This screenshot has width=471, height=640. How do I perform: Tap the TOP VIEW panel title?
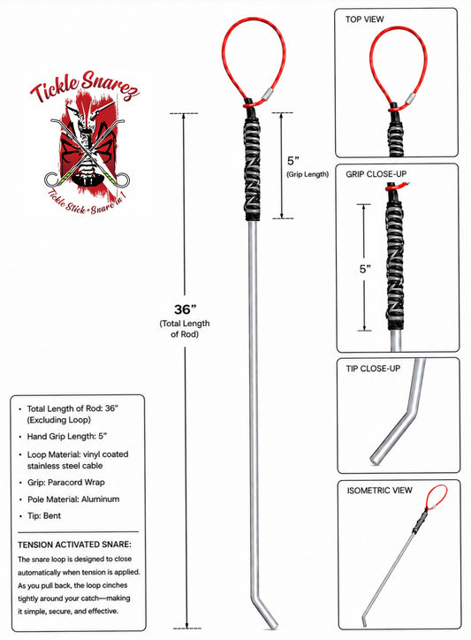point(364,19)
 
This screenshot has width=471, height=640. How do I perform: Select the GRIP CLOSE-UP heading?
point(376,174)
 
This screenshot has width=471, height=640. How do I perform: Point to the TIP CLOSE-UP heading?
point(373,368)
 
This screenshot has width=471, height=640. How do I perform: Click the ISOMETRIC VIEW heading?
point(380,491)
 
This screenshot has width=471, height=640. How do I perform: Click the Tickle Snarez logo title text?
point(85,87)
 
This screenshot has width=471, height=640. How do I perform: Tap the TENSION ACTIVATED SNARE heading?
point(75,545)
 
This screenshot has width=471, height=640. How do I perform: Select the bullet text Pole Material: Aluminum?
point(73,499)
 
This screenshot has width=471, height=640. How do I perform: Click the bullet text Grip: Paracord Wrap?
point(66,482)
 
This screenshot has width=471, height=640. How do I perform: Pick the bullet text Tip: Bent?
point(44,516)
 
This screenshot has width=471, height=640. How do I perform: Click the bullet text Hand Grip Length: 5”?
point(67,437)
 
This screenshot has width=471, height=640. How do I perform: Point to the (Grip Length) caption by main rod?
point(308,174)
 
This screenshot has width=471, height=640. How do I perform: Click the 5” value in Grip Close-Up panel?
point(365,269)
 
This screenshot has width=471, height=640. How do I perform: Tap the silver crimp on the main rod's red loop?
point(268,94)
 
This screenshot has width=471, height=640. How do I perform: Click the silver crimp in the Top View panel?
point(410,98)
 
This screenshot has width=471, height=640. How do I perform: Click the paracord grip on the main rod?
point(253,169)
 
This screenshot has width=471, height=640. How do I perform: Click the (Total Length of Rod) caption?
point(185,329)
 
